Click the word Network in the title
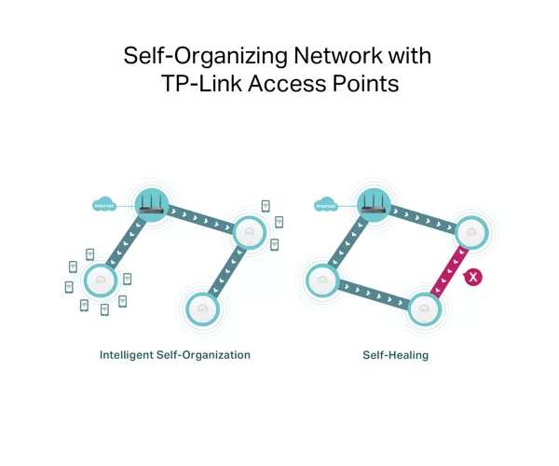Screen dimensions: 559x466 (337, 55)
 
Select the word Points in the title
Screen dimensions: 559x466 (365, 84)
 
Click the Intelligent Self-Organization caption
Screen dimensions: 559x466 (175, 355)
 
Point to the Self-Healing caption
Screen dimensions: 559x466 (395, 355)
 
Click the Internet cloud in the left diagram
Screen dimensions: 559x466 (104, 204)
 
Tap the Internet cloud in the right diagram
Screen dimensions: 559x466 (326, 204)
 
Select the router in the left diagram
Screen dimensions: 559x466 (152, 205)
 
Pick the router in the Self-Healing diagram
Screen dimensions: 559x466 (374, 205)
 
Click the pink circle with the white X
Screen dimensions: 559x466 (473, 277)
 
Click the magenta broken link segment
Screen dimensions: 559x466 (449, 271)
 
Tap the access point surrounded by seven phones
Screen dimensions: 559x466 (101, 281)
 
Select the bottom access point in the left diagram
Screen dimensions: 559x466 (202, 308)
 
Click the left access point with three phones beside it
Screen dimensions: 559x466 (250, 232)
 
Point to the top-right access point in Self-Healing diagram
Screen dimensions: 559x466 (471, 232)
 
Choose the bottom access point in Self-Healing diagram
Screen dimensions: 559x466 (424, 308)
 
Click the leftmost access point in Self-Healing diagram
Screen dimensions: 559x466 (322, 281)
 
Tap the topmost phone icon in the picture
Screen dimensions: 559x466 (266, 206)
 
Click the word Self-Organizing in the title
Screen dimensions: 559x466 (205, 56)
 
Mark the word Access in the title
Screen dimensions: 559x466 (287, 84)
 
